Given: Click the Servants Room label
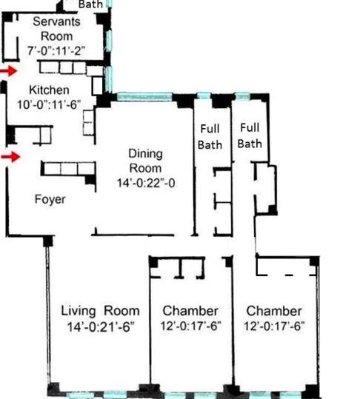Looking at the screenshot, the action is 56,29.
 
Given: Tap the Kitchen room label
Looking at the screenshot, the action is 49,90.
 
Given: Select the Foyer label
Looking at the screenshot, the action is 50,199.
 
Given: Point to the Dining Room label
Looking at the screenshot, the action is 146,161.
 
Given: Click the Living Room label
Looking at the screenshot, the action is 100,311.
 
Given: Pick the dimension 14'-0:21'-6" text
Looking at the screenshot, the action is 100,326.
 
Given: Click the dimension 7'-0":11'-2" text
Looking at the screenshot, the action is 56,50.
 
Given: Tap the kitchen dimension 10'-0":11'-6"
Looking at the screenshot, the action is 49,104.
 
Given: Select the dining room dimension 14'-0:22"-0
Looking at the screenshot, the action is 146,183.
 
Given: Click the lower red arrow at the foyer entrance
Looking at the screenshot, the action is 10,157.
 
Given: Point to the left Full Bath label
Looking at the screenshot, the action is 210,137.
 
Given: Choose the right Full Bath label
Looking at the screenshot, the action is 250,135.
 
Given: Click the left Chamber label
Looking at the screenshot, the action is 190,311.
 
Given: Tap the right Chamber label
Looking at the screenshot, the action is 274,311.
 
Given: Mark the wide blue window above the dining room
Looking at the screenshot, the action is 144,96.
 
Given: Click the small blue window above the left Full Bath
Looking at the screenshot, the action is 204,95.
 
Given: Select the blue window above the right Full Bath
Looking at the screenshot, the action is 242,96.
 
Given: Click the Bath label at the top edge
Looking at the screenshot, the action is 90,4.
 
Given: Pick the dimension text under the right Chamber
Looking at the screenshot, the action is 274,326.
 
